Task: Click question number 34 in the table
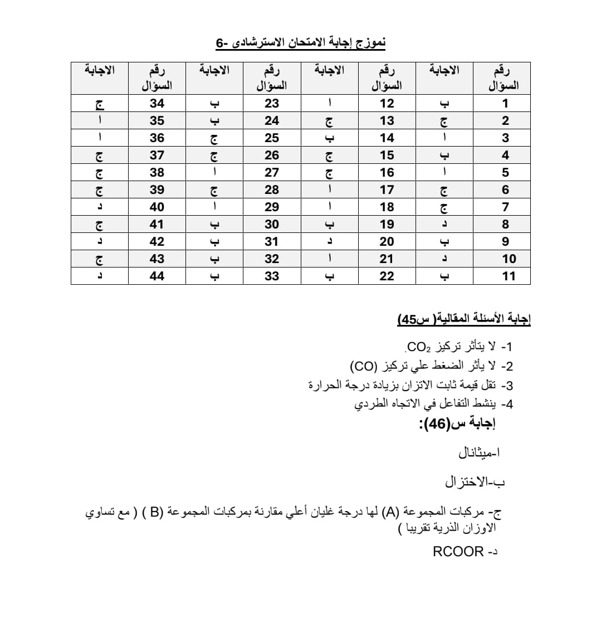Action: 157,103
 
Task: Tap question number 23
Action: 272,103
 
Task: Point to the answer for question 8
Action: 444,224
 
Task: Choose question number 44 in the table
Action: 157,276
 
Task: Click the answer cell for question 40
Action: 100,207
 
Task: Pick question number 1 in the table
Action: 505,103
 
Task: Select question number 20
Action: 387,241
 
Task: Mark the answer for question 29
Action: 215,207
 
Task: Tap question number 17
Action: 387,189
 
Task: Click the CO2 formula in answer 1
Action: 419,348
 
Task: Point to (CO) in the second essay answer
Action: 365,367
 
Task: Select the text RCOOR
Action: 458,552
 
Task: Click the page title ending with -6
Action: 301,42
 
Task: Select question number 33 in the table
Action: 272,276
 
